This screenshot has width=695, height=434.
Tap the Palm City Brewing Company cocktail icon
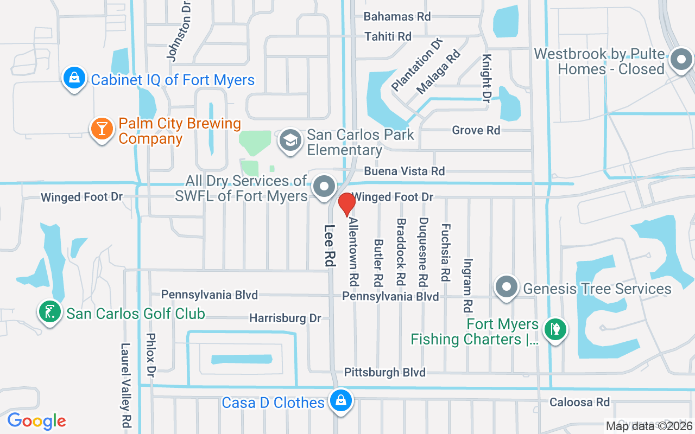[x=101, y=129]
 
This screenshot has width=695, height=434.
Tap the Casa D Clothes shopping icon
[x=340, y=401]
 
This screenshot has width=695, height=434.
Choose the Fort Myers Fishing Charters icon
[x=555, y=328]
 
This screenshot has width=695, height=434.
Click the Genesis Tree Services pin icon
[x=507, y=286]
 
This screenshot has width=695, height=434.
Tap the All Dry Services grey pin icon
[x=325, y=186]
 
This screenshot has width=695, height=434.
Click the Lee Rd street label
[x=329, y=245]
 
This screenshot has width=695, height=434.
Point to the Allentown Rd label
[x=354, y=252]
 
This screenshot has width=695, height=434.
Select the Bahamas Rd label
[x=397, y=16]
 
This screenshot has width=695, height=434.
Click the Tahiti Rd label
[x=388, y=36]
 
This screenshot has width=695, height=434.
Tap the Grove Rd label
[x=476, y=130]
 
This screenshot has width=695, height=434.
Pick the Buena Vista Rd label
[x=405, y=171]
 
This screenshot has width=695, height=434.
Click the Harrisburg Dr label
[x=285, y=318]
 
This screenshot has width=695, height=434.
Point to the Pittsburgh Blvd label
[x=385, y=372]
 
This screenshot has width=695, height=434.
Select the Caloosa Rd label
[x=579, y=402]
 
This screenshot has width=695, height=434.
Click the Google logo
[x=36, y=420]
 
